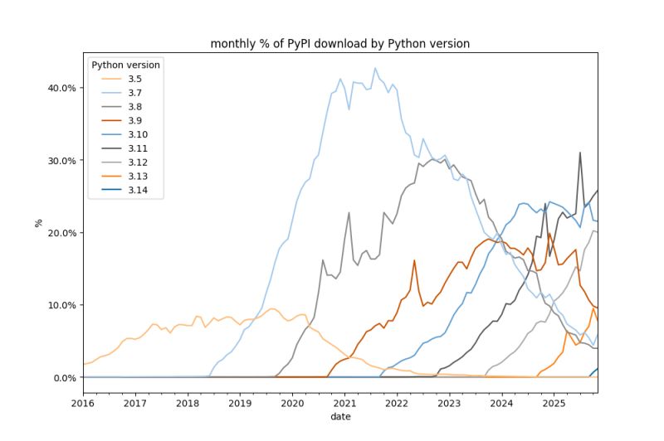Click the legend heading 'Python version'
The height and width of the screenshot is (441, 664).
point(126,65)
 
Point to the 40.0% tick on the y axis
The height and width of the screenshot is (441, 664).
point(60,88)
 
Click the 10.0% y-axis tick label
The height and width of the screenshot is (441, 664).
point(60,305)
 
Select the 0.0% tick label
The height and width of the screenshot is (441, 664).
point(62,378)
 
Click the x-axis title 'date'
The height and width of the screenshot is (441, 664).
point(339,417)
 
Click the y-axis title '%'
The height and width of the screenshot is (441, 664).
point(38,223)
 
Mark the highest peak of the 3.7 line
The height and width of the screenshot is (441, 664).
point(374,68)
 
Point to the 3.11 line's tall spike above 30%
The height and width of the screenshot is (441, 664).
point(580,153)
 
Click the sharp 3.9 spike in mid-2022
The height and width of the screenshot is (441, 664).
point(414,260)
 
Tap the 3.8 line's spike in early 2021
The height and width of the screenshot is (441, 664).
point(349,213)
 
